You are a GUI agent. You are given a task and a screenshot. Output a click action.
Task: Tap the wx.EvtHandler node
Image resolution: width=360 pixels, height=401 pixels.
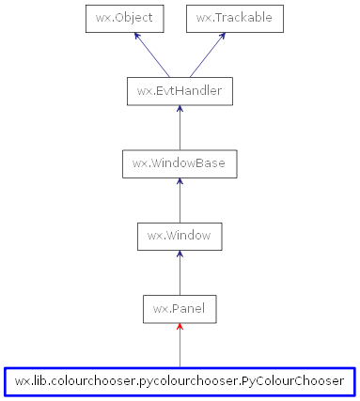click(x=180, y=91)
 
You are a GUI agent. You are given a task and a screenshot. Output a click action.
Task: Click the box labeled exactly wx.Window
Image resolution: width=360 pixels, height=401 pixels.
click(x=180, y=236)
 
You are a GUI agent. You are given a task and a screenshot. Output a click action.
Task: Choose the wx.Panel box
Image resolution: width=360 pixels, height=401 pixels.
click(x=180, y=308)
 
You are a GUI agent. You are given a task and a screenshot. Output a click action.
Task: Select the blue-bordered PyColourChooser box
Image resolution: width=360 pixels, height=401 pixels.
click(x=180, y=381)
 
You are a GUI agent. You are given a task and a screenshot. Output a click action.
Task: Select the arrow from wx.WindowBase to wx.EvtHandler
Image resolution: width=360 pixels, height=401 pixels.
click(x=180, y=128)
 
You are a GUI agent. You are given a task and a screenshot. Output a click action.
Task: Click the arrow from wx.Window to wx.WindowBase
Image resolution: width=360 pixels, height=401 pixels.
click(x=180, y=200)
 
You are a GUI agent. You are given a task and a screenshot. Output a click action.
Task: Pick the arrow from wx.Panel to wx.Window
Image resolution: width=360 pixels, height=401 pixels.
click(x=180, y=272)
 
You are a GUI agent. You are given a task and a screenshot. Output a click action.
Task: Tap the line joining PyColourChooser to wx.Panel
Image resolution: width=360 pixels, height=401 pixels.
click(x=180, y=347)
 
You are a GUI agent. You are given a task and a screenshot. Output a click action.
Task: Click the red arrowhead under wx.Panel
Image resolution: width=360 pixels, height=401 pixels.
click(x=180, y=328)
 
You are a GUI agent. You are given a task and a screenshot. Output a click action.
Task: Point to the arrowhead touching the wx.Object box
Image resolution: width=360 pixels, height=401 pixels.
click(x=137, y=36)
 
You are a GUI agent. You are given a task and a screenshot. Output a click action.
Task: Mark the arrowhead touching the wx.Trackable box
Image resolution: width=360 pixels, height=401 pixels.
click(x=222, y=36)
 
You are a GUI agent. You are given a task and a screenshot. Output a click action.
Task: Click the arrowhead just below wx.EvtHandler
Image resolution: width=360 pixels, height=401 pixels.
click(x=180, y=110)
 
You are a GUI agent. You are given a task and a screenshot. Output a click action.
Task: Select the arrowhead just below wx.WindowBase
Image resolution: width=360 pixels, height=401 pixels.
click(x=180, y=182)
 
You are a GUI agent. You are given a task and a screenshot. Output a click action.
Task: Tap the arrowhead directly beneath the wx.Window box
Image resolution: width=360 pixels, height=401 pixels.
click(x=180, y=254)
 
